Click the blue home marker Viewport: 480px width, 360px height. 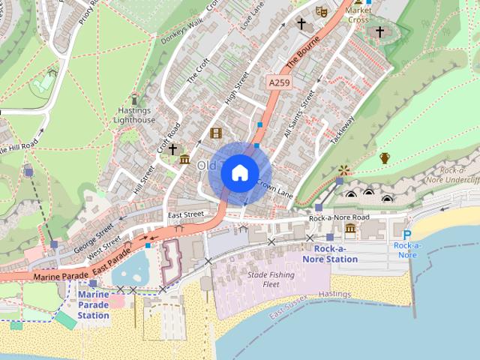point(239,172)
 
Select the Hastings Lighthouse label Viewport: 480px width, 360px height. point(135,115)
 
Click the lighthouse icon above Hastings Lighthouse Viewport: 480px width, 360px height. point(135,98)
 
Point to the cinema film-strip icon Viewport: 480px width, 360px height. point(216,133)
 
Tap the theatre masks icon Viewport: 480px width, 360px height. point(321,11)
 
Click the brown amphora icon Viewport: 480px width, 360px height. point(385,157)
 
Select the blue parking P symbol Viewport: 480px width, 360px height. point(407,235)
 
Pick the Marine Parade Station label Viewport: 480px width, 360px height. point(94,304)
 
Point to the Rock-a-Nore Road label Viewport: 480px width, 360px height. point(339,217)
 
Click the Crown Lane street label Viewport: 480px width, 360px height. point(274,187)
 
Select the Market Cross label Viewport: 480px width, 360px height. point(358,15)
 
